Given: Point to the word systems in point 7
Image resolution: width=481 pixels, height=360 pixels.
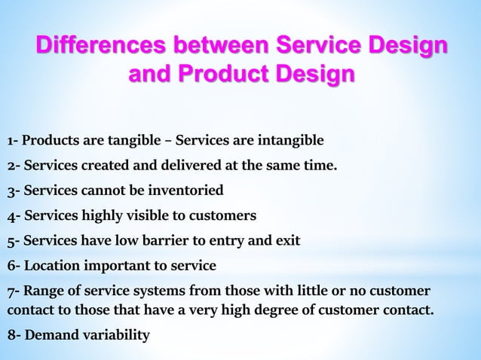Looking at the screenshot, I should click(163, 291).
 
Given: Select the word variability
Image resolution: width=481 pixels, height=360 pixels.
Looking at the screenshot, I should click(115, 334).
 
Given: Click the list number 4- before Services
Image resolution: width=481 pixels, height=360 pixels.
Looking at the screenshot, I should click(14, 216).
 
